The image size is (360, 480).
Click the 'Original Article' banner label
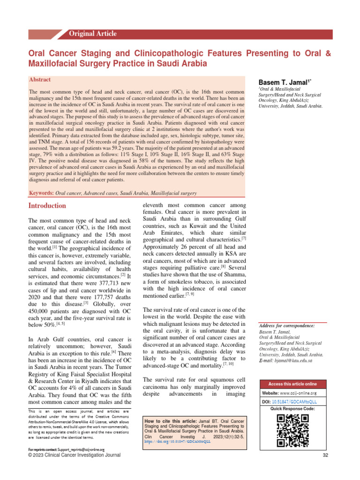tap(92, 34)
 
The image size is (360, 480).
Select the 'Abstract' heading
tap(40, 80)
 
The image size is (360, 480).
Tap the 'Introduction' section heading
tap(47, 206)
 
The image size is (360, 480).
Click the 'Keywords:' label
tap(41, 193)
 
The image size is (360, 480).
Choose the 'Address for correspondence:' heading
tap(286, 325)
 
